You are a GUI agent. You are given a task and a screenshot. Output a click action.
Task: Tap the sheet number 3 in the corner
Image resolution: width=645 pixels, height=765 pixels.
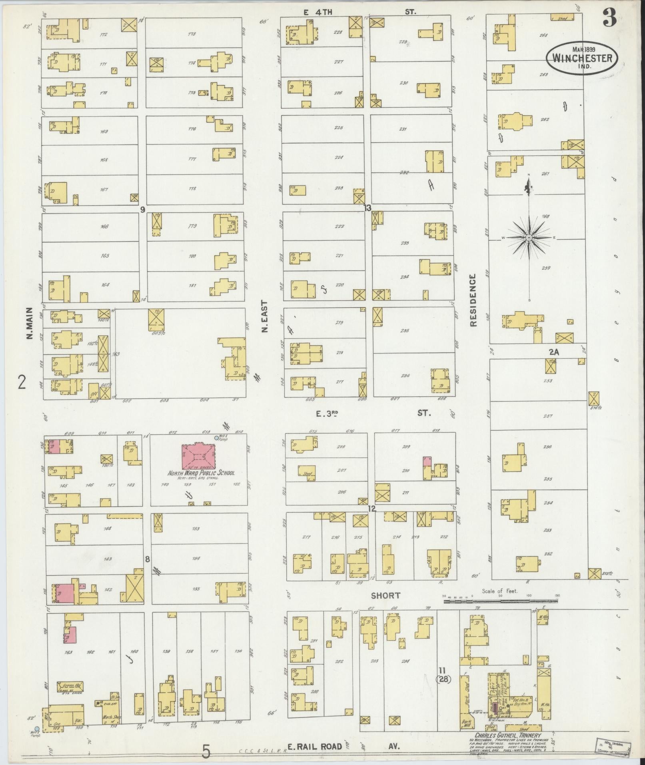(609, 19)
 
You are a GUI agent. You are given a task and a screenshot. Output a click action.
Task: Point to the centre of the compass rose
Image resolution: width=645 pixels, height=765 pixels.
(529, 238)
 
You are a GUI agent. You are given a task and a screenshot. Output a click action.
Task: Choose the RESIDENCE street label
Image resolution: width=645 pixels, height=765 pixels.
(474, 300)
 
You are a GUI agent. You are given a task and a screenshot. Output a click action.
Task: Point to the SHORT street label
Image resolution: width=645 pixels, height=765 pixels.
(385, 595)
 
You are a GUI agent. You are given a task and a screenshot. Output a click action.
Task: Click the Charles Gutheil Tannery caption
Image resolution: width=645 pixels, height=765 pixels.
(507, 735)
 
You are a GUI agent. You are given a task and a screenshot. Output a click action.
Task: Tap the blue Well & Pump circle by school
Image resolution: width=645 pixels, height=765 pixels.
(217, 438)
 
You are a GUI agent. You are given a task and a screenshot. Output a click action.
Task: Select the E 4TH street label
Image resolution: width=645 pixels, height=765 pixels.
(318, 12)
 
